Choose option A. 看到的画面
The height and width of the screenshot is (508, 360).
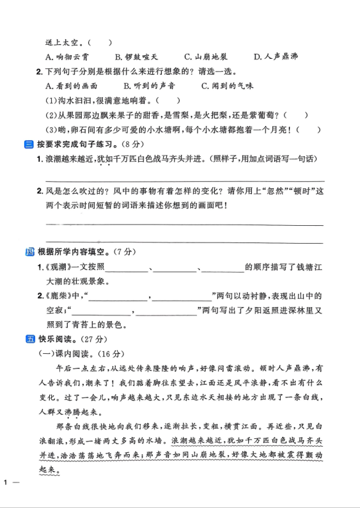(72, 86)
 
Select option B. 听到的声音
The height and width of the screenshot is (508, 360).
(150, 86)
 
